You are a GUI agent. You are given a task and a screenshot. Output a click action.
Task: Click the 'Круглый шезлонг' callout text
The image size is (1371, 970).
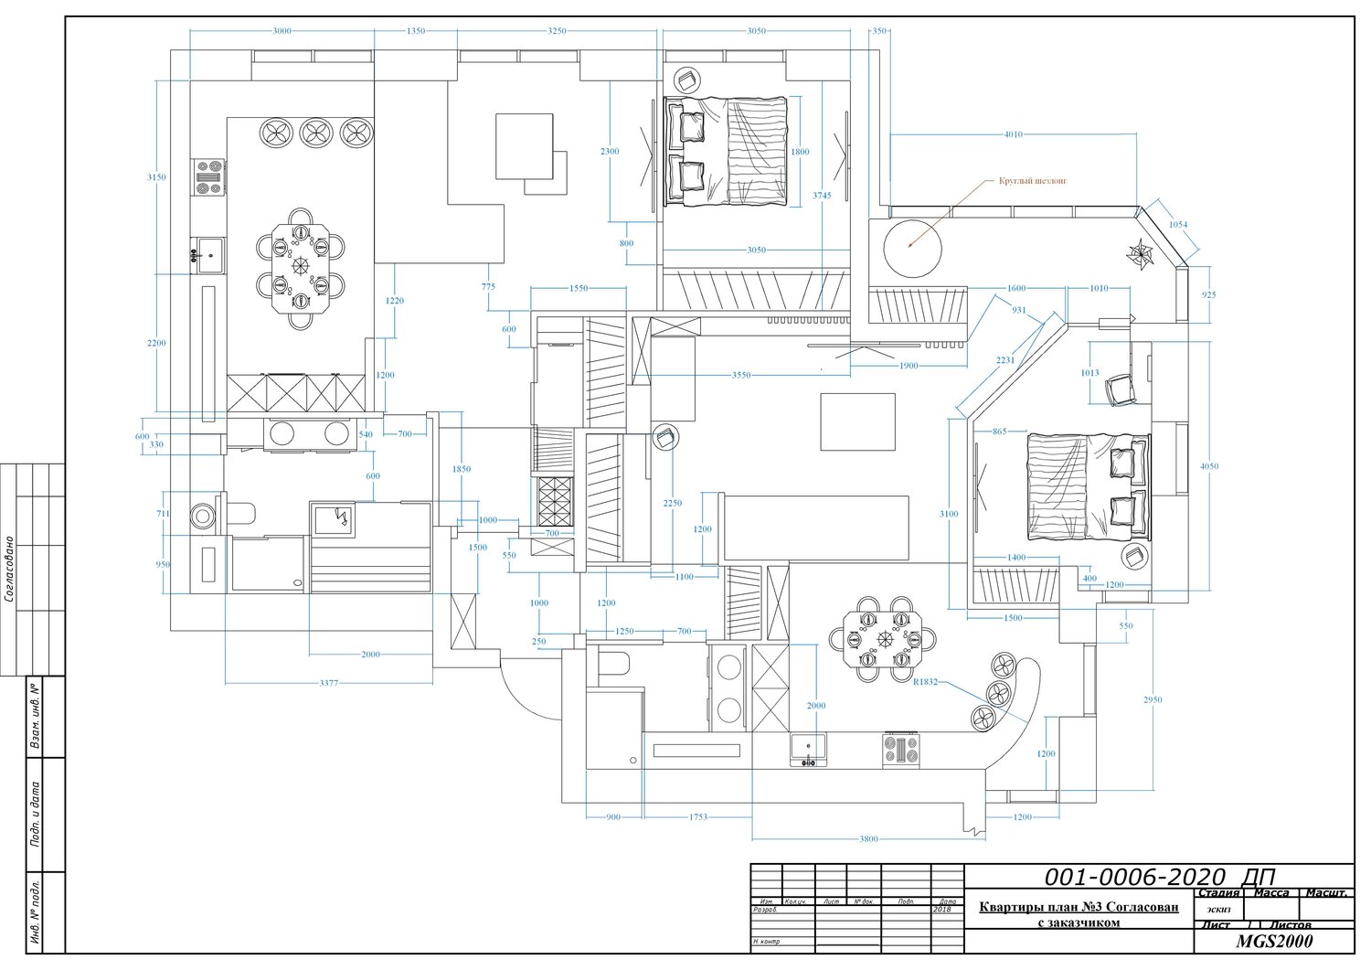point(1039,181)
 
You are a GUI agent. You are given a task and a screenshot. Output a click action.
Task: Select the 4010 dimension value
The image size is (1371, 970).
point(1013,135)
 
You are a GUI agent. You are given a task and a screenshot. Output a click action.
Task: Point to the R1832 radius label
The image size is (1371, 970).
point(925,681)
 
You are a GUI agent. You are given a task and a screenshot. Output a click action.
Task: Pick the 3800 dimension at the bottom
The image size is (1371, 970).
point(868,838)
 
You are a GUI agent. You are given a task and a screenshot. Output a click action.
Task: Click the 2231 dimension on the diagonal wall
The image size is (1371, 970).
point(1005,360)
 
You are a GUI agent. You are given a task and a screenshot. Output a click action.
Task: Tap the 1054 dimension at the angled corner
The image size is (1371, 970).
point(1178,225)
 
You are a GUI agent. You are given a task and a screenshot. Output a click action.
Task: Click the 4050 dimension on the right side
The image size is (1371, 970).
point(1209,466)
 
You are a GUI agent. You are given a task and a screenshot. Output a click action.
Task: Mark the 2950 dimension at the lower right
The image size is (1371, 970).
point(1153,700)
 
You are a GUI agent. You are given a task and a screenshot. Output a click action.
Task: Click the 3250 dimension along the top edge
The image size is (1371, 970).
point(557,31)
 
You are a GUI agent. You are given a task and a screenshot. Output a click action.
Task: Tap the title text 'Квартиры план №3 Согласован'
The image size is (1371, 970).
point(1079,908)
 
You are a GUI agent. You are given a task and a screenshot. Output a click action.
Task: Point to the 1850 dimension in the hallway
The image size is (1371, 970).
point(462,470)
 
